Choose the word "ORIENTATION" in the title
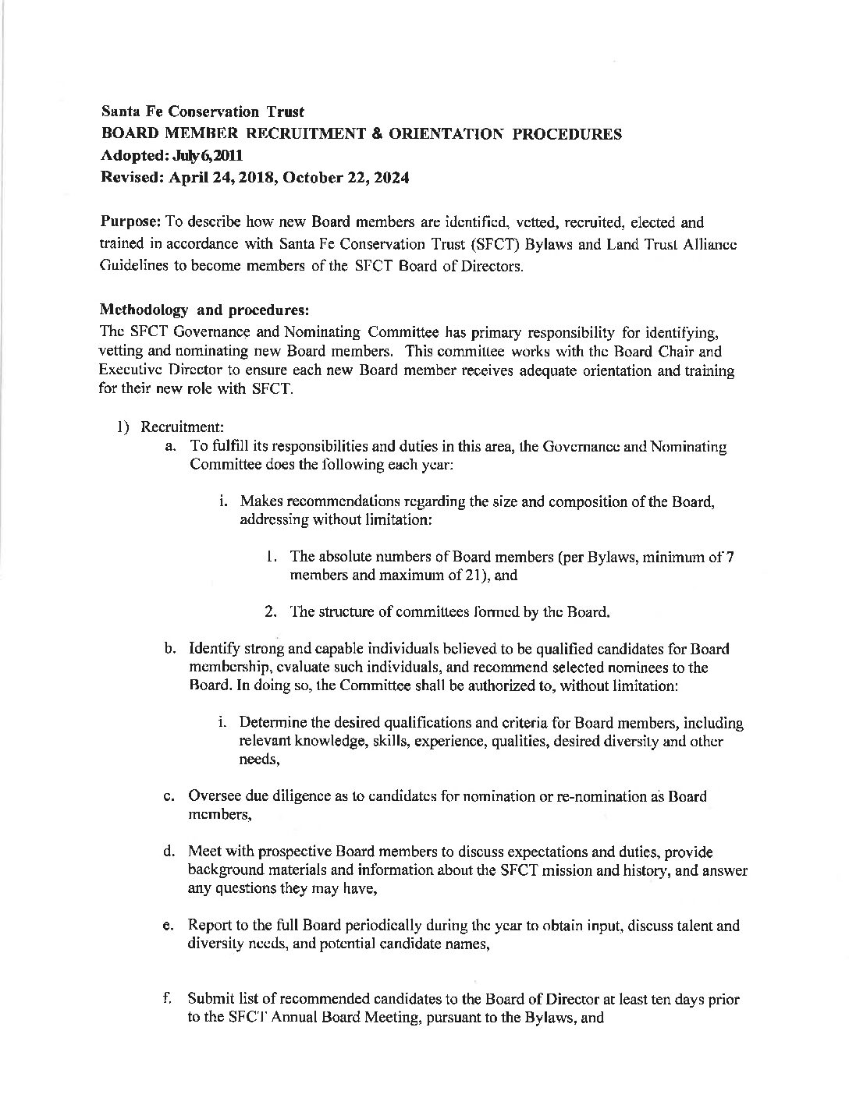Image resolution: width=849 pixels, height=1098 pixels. click(444, 134)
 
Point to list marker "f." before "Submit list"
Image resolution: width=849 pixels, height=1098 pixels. click(169, 999)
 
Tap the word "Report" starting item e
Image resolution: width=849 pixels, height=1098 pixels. click(208, 926)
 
